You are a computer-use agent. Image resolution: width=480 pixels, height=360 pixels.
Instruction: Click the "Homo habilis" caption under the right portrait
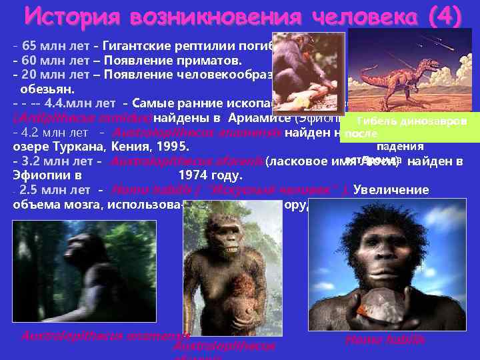click(x=385, y=340)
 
